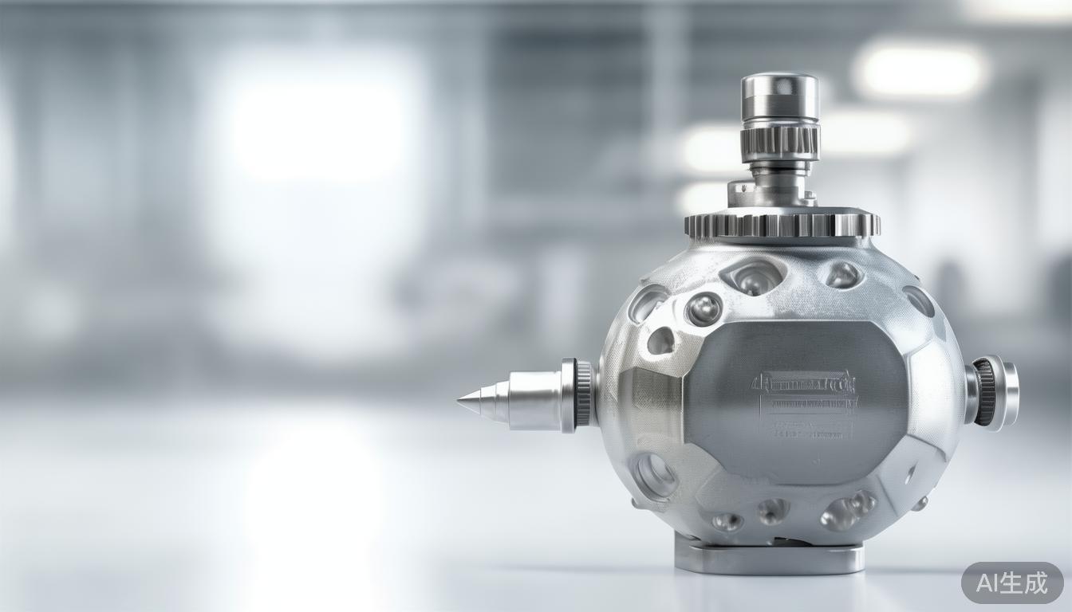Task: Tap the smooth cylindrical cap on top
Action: (779, 96)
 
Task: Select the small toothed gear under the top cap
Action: (779, 141)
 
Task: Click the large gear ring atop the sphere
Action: (782, 225)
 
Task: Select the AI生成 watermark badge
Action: (1011, 583)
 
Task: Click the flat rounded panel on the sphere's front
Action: (798, 398)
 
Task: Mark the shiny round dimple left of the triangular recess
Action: (703, 308)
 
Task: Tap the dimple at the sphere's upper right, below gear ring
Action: (842, 275)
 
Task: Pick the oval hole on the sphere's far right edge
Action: (920, 301)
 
